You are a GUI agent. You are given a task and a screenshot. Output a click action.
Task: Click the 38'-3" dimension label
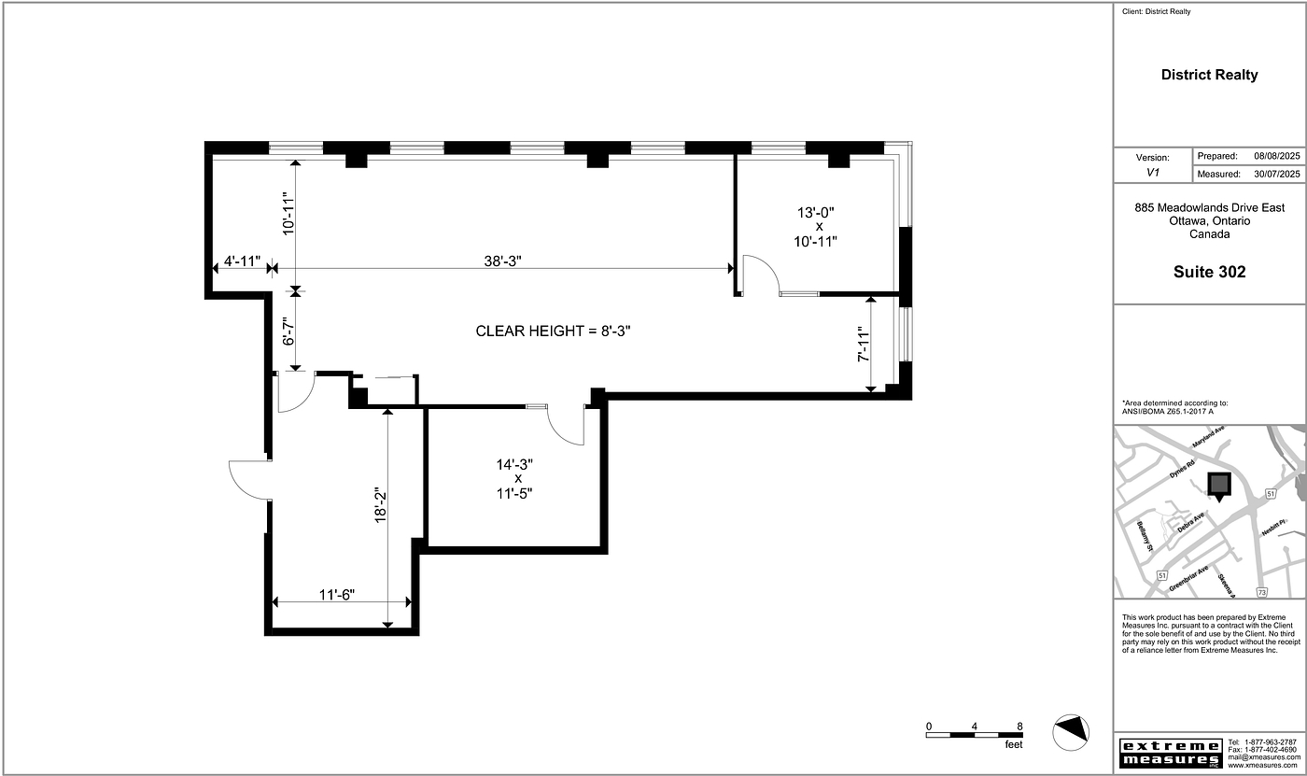click(502, 261)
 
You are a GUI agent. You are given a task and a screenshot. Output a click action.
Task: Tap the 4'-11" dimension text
click(242, 261)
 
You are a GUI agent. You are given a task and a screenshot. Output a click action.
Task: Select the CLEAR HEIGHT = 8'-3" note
click(553, 332)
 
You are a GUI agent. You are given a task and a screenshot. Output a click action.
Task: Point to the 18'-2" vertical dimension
click(381, 504)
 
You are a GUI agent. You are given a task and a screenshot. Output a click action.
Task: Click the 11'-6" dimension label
click(337, 595)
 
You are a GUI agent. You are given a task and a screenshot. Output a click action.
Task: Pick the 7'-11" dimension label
click(864, 344)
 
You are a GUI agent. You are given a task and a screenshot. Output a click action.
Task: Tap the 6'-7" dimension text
click(288, 331)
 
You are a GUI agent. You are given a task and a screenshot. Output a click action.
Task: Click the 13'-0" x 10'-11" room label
click(816, 227)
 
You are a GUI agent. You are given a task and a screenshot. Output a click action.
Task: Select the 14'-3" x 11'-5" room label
click(514, 479)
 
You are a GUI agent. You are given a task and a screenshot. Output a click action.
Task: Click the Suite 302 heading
click(1210, 272)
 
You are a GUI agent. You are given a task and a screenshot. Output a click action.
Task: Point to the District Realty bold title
click(1210, 75)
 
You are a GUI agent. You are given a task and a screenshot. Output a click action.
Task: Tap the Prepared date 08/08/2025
click(1277, 156)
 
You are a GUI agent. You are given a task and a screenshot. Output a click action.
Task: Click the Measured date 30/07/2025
click(1277, 174)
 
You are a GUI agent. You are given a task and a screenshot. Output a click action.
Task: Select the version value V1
click(1152, 173)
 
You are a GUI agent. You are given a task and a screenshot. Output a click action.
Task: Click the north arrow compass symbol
click(1071, 732)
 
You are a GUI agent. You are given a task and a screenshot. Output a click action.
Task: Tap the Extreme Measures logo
click(1171, 754)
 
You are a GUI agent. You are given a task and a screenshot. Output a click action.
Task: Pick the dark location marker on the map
click(1219, 487)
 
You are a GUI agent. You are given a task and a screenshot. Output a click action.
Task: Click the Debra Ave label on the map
click(1191, 523)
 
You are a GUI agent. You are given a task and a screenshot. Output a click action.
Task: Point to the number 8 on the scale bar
click(1019, 727)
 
